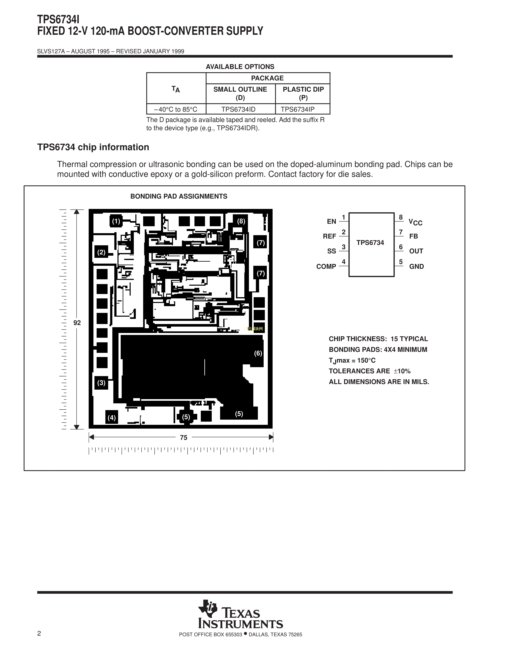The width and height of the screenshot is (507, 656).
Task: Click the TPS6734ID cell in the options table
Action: (x=241, y=109)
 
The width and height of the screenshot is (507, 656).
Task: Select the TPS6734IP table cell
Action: (x=303, y=109)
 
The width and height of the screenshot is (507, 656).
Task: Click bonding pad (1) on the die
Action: (x=116, y=221)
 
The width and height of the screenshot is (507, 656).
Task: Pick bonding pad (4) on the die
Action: (x=112, y=417)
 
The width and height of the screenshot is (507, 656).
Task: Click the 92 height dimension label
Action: (x=77, y=323)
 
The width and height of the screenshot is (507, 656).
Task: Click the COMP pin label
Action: (x=326, y=266)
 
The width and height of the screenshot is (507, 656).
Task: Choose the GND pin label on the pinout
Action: (x=417, y=266)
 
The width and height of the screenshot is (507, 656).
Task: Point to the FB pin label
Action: (x=414, y=236)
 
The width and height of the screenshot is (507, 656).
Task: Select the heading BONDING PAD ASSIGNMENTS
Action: (x=179, y=196)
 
